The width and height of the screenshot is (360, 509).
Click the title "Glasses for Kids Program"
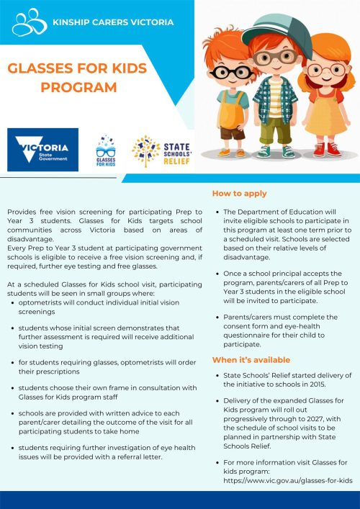pos(78,78)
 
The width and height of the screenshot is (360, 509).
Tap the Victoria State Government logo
pos(42,150)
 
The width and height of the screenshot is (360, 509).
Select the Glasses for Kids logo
pos(106,151)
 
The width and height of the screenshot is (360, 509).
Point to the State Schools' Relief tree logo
pos(146,150)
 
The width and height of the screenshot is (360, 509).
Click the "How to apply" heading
pos(240,194)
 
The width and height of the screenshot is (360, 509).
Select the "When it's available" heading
pos(251,359)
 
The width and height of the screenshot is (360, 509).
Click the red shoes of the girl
pos(325,149)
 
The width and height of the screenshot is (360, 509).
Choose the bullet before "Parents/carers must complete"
pos(217,317)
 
